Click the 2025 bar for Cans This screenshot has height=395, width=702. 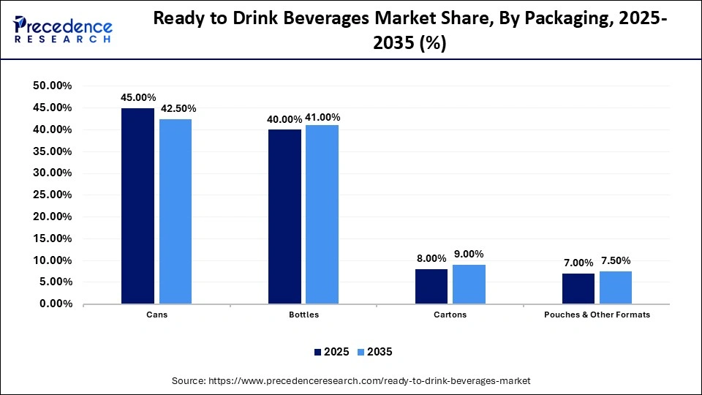(x=137, y=206)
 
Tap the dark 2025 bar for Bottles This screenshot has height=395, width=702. (x=284, y=217)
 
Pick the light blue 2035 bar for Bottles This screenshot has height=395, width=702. (x=322, y=214)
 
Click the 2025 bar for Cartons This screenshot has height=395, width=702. (x=431, y=286)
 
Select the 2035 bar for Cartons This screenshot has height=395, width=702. (x=469, y=284)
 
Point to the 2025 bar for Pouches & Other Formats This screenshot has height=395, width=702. (x=578, y=288)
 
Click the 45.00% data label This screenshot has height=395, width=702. (x=138, y=97)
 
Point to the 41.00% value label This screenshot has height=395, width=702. (x=322, y=117)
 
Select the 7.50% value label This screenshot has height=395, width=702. (x=616, y=260)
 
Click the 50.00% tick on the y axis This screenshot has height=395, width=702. (x=53, y=86)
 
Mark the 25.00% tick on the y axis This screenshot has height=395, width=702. (x=53, y=195)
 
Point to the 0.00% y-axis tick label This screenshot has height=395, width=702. (x=56, y=304)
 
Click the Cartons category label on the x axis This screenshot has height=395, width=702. (x=450, y=315)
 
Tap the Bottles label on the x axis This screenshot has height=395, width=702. (x=303, y=315)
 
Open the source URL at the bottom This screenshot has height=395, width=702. (x=351, y=381)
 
